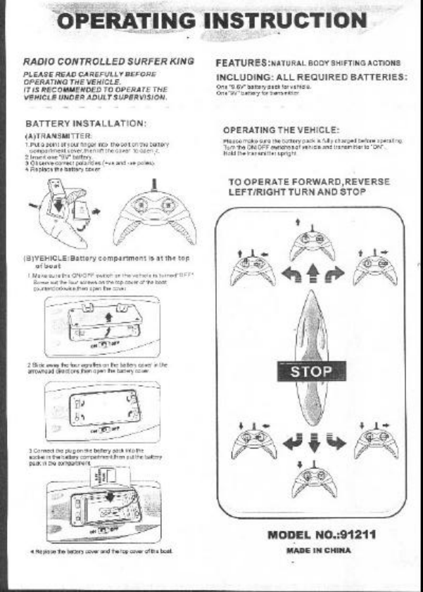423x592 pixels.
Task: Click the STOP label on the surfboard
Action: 310,371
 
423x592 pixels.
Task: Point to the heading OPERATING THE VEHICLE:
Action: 282,130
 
